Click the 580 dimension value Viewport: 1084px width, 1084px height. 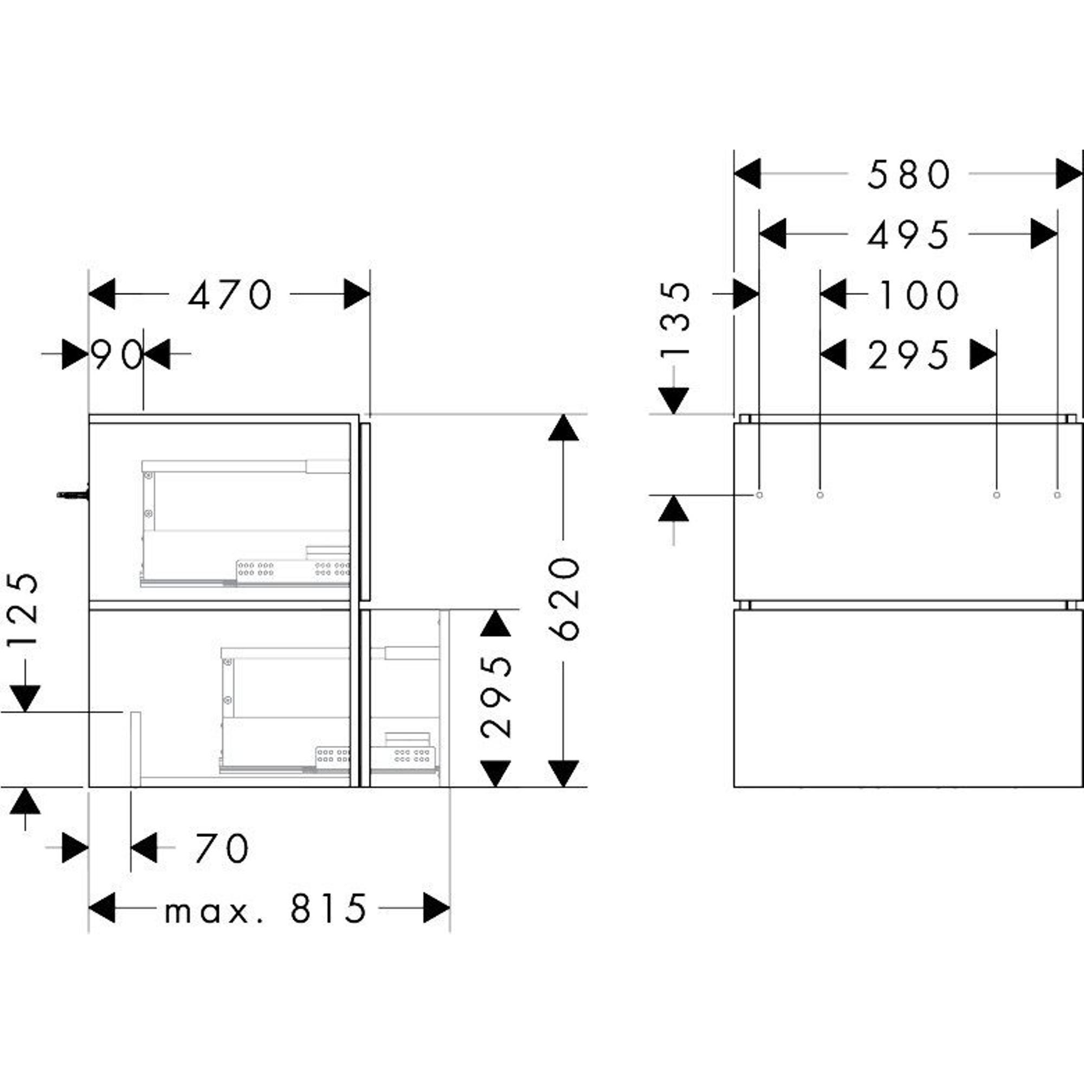coord(909,174)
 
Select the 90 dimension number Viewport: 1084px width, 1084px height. coord(118,354)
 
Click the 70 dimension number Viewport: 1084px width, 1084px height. coord(222,848)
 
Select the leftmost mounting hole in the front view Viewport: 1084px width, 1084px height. coord(759,495)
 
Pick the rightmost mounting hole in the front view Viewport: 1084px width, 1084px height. coord(1057,495)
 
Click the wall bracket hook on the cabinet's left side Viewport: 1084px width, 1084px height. coord(73,494)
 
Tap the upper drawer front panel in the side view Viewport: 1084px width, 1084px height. coord(365,511)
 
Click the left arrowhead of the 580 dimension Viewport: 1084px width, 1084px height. coord(747,174)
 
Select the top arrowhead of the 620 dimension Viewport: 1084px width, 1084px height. coord(563,428)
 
